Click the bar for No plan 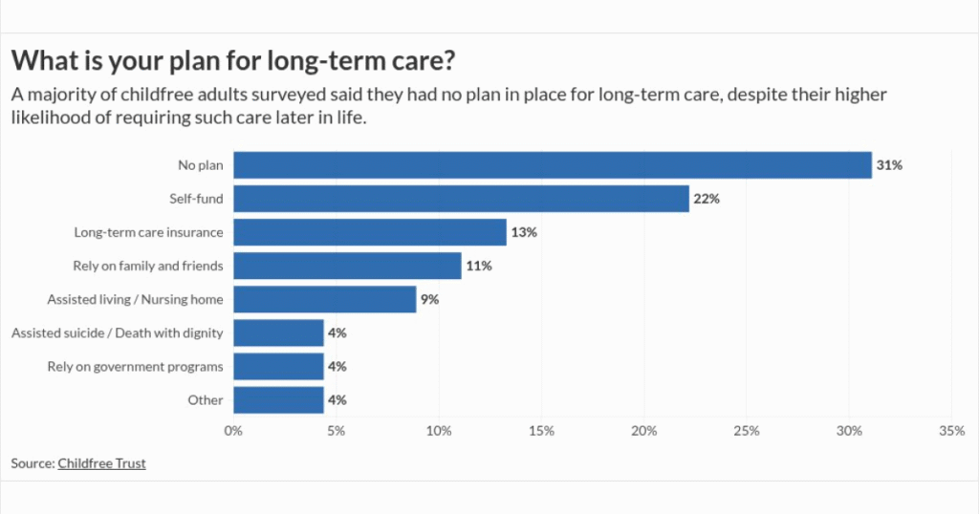tap(553, 165)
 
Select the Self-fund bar tap(461, 199)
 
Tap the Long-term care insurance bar tap(370, 232)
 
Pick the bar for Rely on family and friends tap(348, 266)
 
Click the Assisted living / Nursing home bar tap(325, 299)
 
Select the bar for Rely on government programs tap(278, 366)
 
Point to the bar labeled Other tap(278, 399)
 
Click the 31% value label tap(889, 165)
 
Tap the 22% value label tap(707, 199)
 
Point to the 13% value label tap(524, 232)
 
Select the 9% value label tap(429, 299)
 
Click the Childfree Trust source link tap(101, 463)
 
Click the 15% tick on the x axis tap(541, 431)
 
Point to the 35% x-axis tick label tap(951, 431)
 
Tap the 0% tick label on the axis tap(233, 431)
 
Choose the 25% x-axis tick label tap(747, 431)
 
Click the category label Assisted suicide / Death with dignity tap(117, 332)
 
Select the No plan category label tap(200, 165)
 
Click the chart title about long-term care tap(232, 61)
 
